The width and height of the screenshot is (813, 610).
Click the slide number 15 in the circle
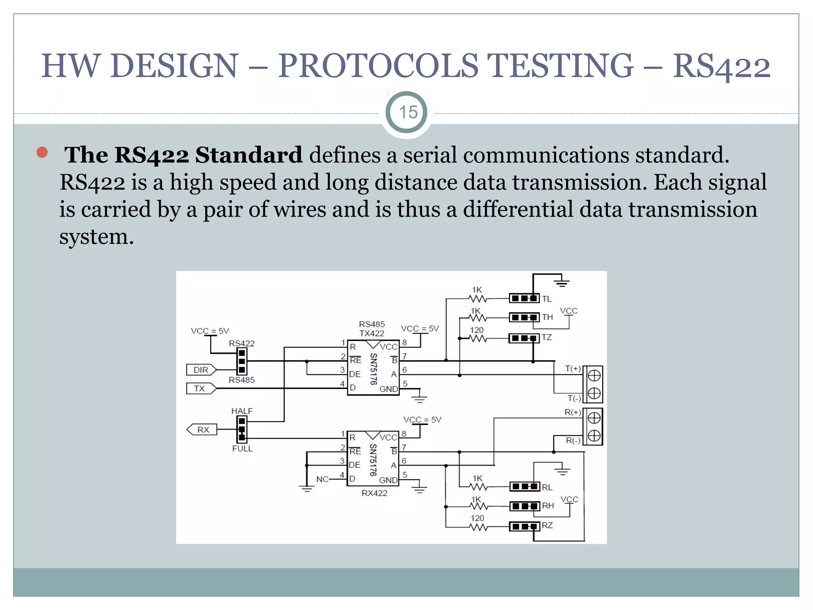click(408, 112)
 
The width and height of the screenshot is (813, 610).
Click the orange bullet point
click(42, 152)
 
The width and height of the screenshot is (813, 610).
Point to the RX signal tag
click(202, 430)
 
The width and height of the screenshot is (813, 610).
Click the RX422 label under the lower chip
click(374, 493)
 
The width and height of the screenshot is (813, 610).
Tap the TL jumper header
click(524, 298)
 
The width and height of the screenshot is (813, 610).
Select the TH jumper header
click(524, 317)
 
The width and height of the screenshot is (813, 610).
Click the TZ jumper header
click(524, 338)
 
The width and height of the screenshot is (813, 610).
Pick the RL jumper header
click(524, 486)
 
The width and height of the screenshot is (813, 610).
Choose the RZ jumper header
click(524, 527)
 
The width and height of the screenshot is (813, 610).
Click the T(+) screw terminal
click(594, 375)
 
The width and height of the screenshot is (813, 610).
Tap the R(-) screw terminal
click(594, 436)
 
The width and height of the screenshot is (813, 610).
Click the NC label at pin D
click(322, 479)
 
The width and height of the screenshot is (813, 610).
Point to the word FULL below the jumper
click(242, 449)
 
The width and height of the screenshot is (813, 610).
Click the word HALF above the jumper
click(242, 411)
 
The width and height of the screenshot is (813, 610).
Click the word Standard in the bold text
click(249, 155)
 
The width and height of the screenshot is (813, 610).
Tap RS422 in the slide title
click(721, 67)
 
